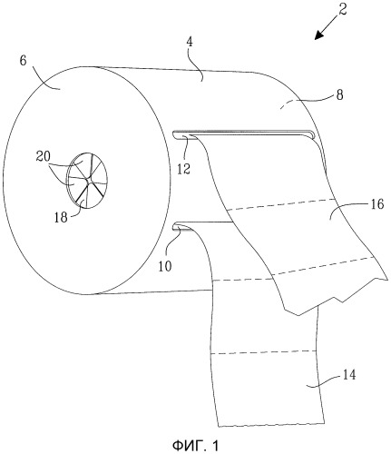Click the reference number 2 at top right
(x=342, y=9)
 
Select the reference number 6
(x=23, y=61)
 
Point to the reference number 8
(x=340, y=95)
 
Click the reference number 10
(x=165, y=266)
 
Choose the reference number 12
(x=183, y=169)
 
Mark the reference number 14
(x=349, y=375)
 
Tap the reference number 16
(x=376, y=204)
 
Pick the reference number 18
(x=61, y=217)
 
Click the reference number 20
(x=44, y=157)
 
